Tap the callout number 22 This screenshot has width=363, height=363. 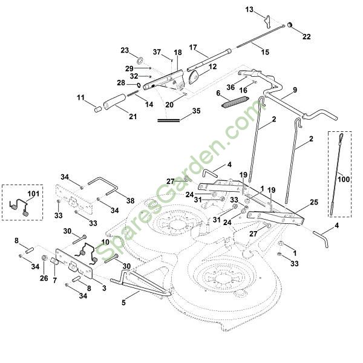307,37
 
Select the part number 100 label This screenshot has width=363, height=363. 344,180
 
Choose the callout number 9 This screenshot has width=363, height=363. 295,90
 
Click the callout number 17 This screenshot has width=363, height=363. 194,47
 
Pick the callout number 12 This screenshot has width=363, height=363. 212,66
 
